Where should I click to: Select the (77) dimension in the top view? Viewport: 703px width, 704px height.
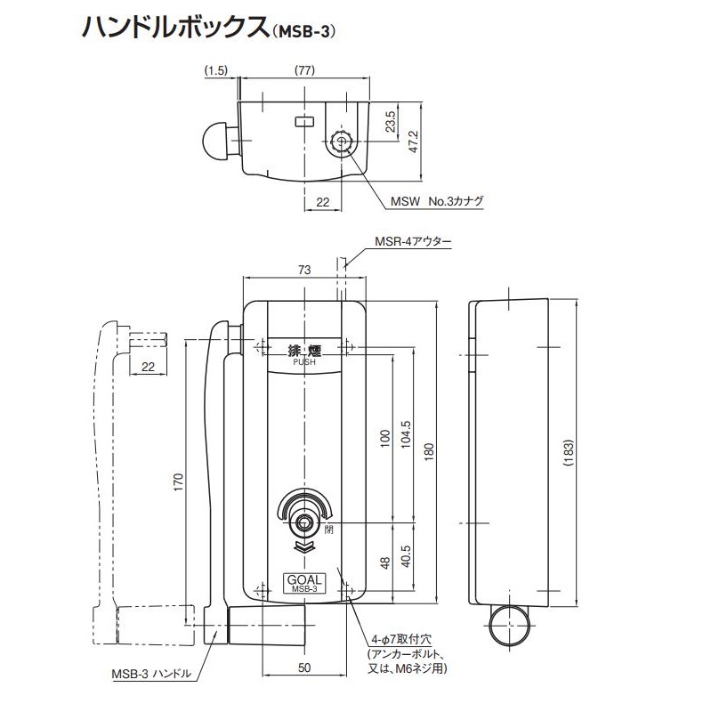(305, 69)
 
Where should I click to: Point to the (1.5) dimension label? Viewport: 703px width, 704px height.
(217, 69)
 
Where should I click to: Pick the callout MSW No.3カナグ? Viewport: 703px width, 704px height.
(437, 201)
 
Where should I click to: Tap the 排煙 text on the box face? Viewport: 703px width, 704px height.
(304, 350)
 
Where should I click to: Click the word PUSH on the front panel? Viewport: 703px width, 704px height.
(304, 362)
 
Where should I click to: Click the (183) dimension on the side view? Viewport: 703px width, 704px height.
(569, 453)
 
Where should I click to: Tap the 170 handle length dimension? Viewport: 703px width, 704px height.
(179, 481)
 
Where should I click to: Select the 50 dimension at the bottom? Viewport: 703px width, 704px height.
(305, 667)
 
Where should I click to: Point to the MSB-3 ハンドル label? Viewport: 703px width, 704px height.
(152, 674)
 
